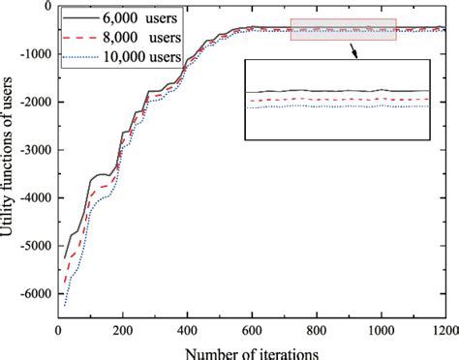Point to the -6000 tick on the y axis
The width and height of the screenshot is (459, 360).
(x=33, y=292)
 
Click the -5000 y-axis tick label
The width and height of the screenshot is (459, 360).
(x=33, y=245)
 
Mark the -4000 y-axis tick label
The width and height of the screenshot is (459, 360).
(x=33, y=196)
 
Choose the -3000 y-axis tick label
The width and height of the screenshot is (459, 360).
(x=33, y=149)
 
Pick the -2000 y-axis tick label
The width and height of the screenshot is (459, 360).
(x=33, y=102)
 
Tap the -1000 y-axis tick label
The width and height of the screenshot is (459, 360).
(x=33, y=54)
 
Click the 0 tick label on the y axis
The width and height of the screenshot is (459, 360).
(x=45, y=7)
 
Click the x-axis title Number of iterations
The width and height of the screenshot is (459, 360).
(x=252, y=349)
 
